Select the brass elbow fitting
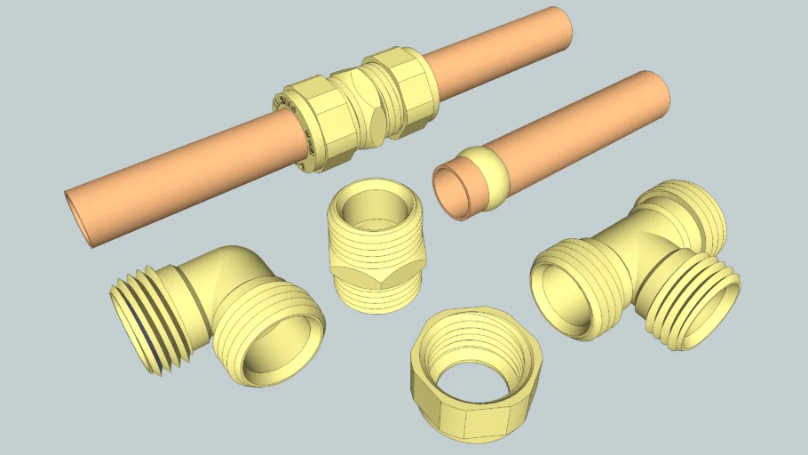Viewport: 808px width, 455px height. (222, 307)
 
